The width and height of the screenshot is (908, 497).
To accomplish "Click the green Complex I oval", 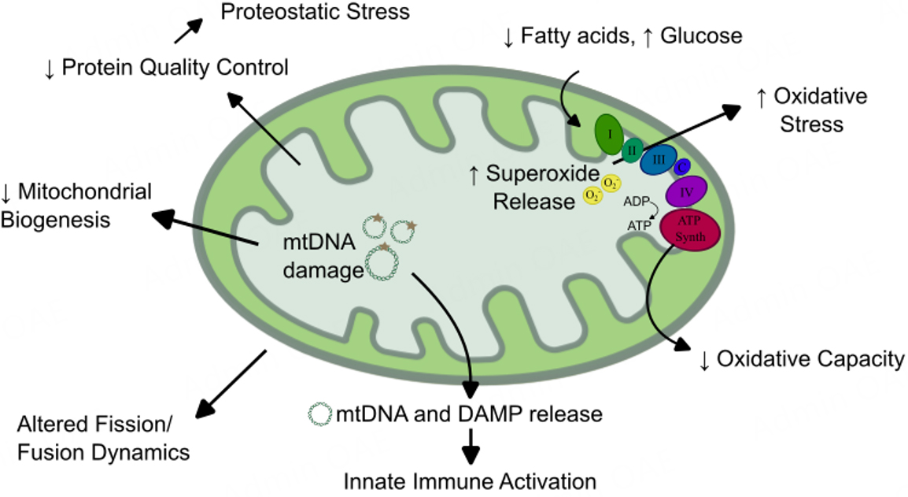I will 609,132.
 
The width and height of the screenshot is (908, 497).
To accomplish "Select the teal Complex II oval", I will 632,149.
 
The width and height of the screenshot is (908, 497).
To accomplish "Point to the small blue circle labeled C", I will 683,166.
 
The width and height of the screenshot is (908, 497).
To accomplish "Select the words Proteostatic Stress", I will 315,12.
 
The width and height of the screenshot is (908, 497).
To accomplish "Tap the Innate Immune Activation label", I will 469,480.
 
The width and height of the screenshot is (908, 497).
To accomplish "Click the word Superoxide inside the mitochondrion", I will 541,174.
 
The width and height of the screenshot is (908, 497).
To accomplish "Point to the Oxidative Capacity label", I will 810,360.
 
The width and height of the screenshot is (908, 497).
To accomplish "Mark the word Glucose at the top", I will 700,36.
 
